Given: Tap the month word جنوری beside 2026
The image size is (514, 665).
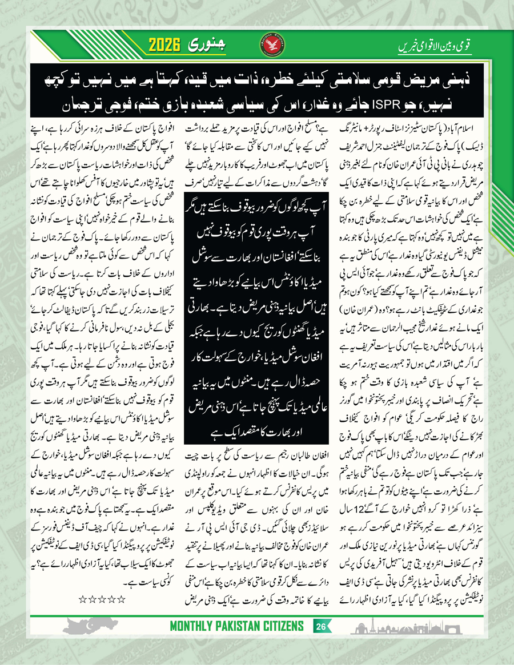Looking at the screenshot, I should tap(207, 44).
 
